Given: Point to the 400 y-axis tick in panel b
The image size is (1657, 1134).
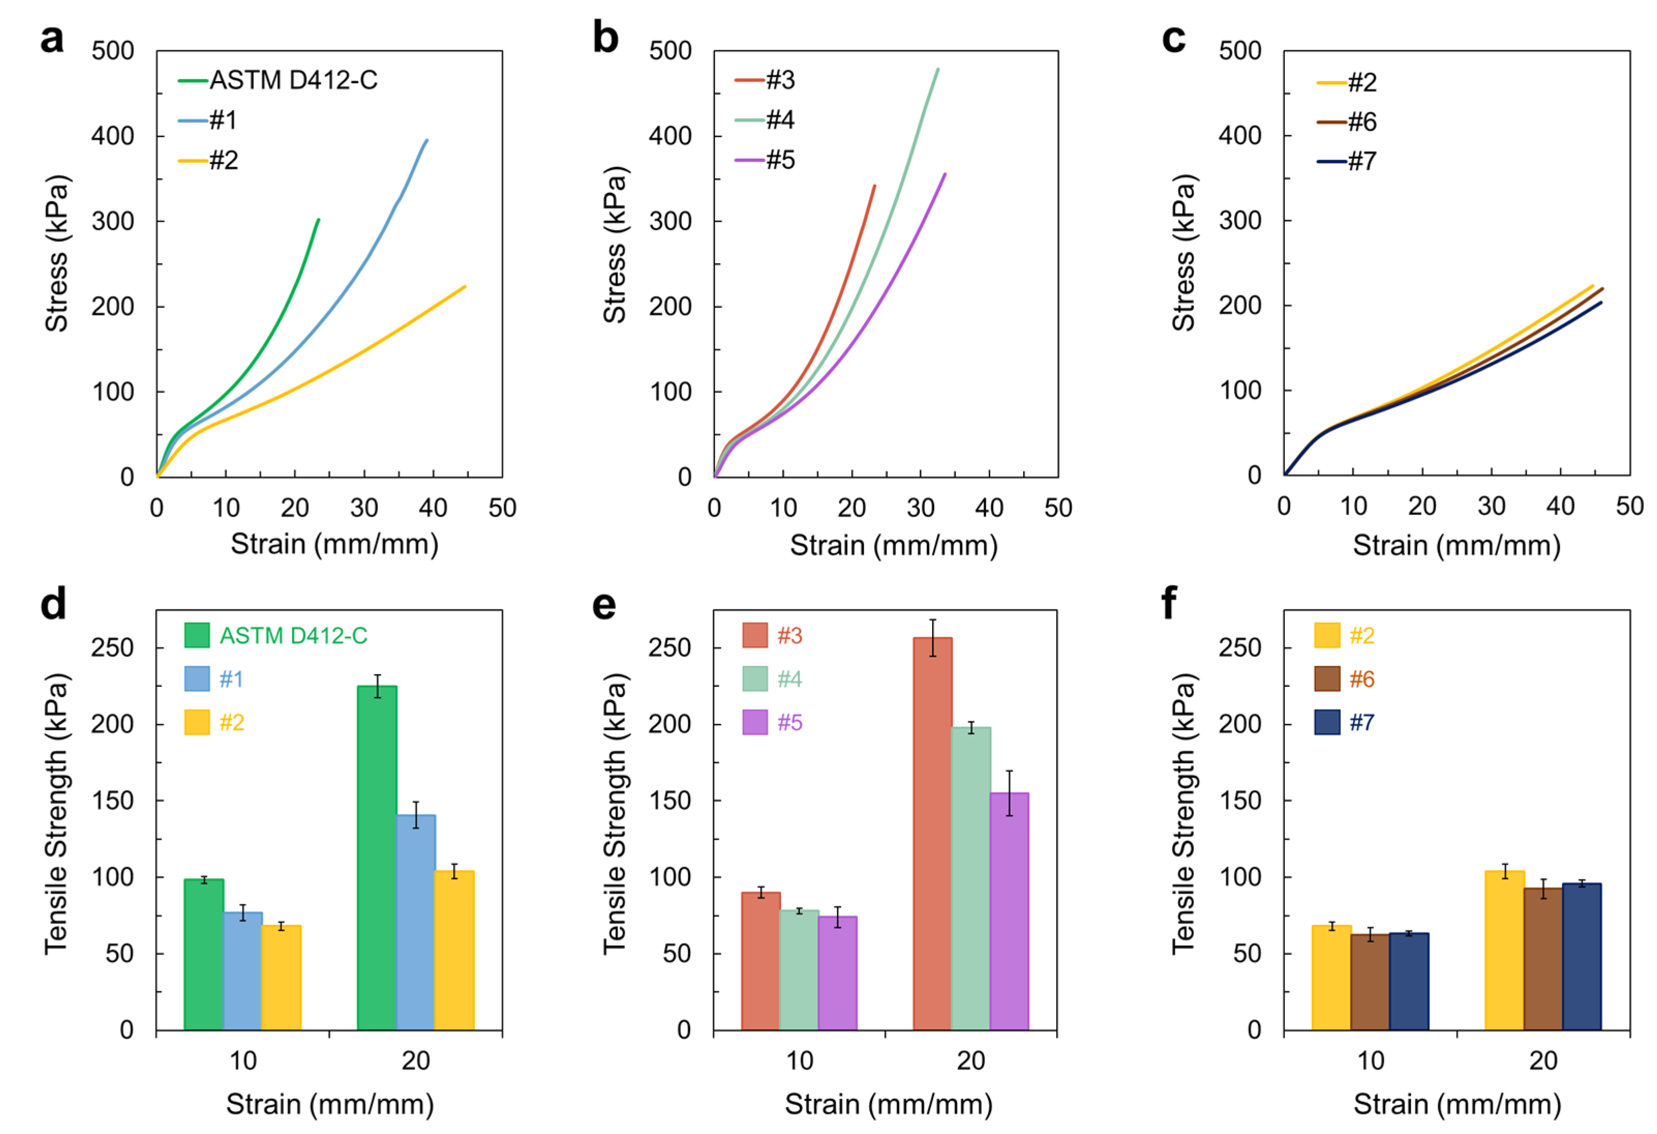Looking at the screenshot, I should click(x=670, y=135).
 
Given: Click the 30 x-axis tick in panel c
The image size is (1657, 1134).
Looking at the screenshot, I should click(x=1491, y=506).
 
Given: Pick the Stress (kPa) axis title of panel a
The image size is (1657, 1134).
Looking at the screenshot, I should click(x=57, y=253).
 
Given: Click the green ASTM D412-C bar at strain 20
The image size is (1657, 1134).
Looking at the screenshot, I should click(x=376, y=857).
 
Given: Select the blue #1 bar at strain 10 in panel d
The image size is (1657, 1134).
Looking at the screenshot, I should click(x=242, y=970).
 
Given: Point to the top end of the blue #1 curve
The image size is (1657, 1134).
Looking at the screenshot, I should click(x=427, y=141).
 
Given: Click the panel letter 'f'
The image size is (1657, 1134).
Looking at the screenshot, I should click(x=1169, y=603).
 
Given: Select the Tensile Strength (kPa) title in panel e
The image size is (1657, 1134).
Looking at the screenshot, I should click(x=615, y=813).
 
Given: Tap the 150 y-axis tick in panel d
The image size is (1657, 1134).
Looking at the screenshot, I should click(x=113, y=800).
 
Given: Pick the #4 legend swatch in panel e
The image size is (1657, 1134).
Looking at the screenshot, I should click(x=754, y=678).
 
